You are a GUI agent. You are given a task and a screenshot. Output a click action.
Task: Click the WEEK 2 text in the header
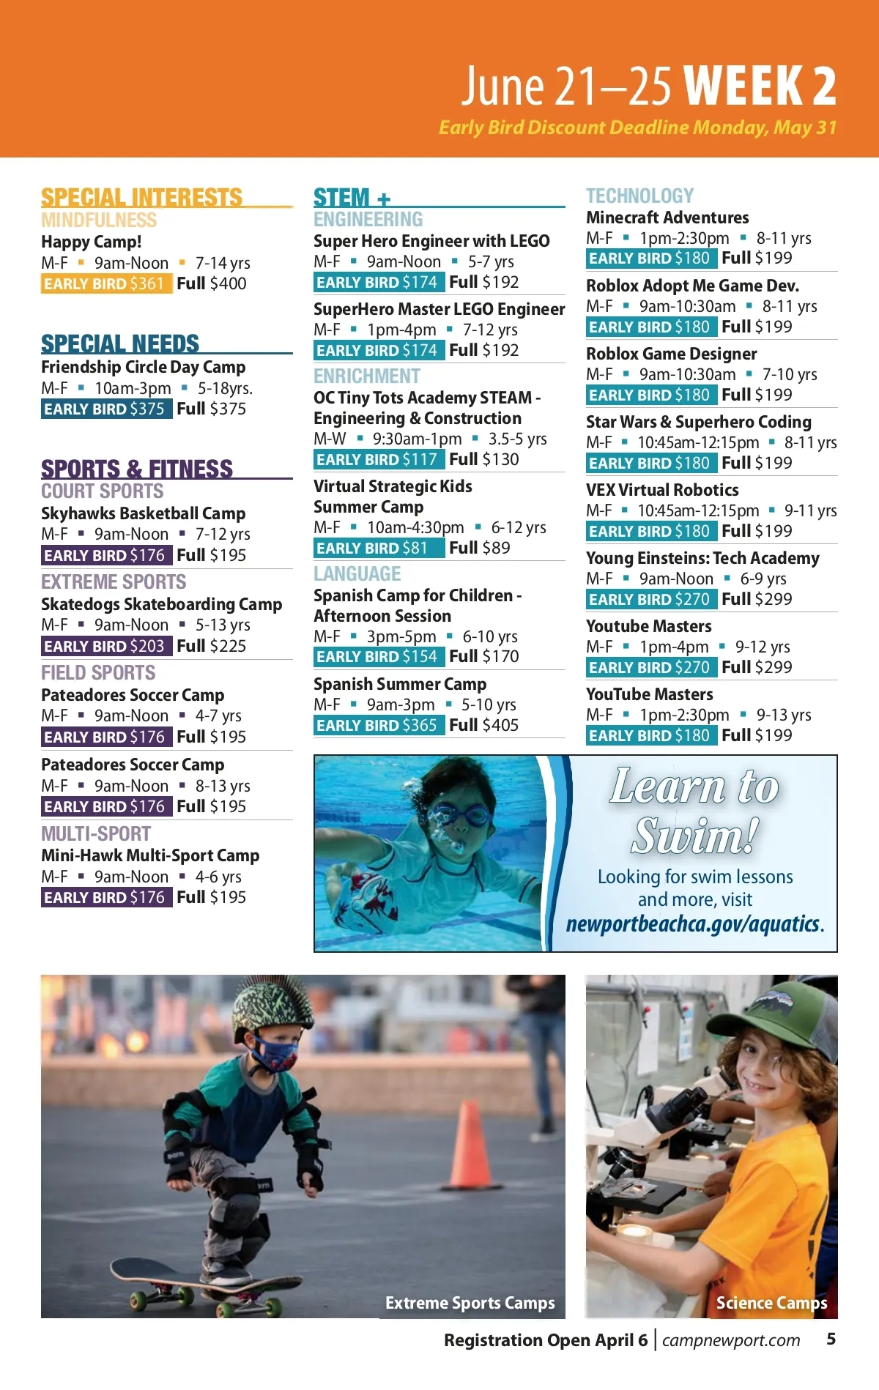tap(760, 86)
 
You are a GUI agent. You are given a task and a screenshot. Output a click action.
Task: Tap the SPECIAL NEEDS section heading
tap(120, 343)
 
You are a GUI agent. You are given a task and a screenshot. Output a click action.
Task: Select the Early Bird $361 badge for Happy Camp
tap(105, 283)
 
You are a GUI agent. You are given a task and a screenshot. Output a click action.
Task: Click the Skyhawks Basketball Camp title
tap(143, 513)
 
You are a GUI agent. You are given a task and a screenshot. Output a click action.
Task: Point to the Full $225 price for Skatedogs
tap(211, 646)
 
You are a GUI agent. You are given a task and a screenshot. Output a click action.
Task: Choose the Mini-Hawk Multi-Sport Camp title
tap(150, 855)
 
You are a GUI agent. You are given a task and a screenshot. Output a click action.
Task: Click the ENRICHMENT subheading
tap(367, 376)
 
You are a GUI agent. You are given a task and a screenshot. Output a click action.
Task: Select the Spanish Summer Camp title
tap(400, 684)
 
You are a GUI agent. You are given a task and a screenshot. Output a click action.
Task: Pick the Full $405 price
tap(483, 725)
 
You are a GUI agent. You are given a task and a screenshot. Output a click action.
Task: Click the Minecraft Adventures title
tap(667, 218)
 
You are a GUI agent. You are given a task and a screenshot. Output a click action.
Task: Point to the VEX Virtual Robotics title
tap(662, 490)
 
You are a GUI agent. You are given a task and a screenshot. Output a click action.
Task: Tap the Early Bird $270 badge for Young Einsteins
tap(649, 599)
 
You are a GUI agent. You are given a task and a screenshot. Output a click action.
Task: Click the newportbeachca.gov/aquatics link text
tap(694, 924)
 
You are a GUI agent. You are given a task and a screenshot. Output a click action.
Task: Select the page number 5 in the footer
tap(831, 1339)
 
